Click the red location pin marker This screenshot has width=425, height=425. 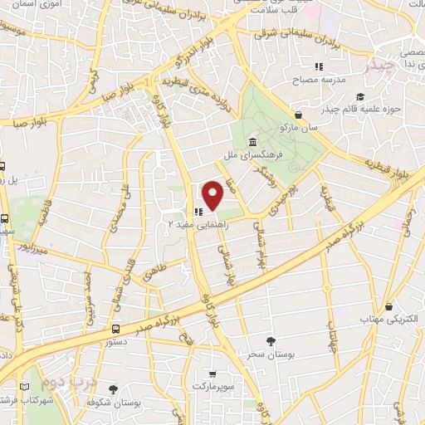[x=213, y=195]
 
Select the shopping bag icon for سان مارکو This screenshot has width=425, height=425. [x=299, y=115]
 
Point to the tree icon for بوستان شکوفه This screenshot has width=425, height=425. [x=113, y=388]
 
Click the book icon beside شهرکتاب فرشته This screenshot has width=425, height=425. [x=33, y=388]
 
